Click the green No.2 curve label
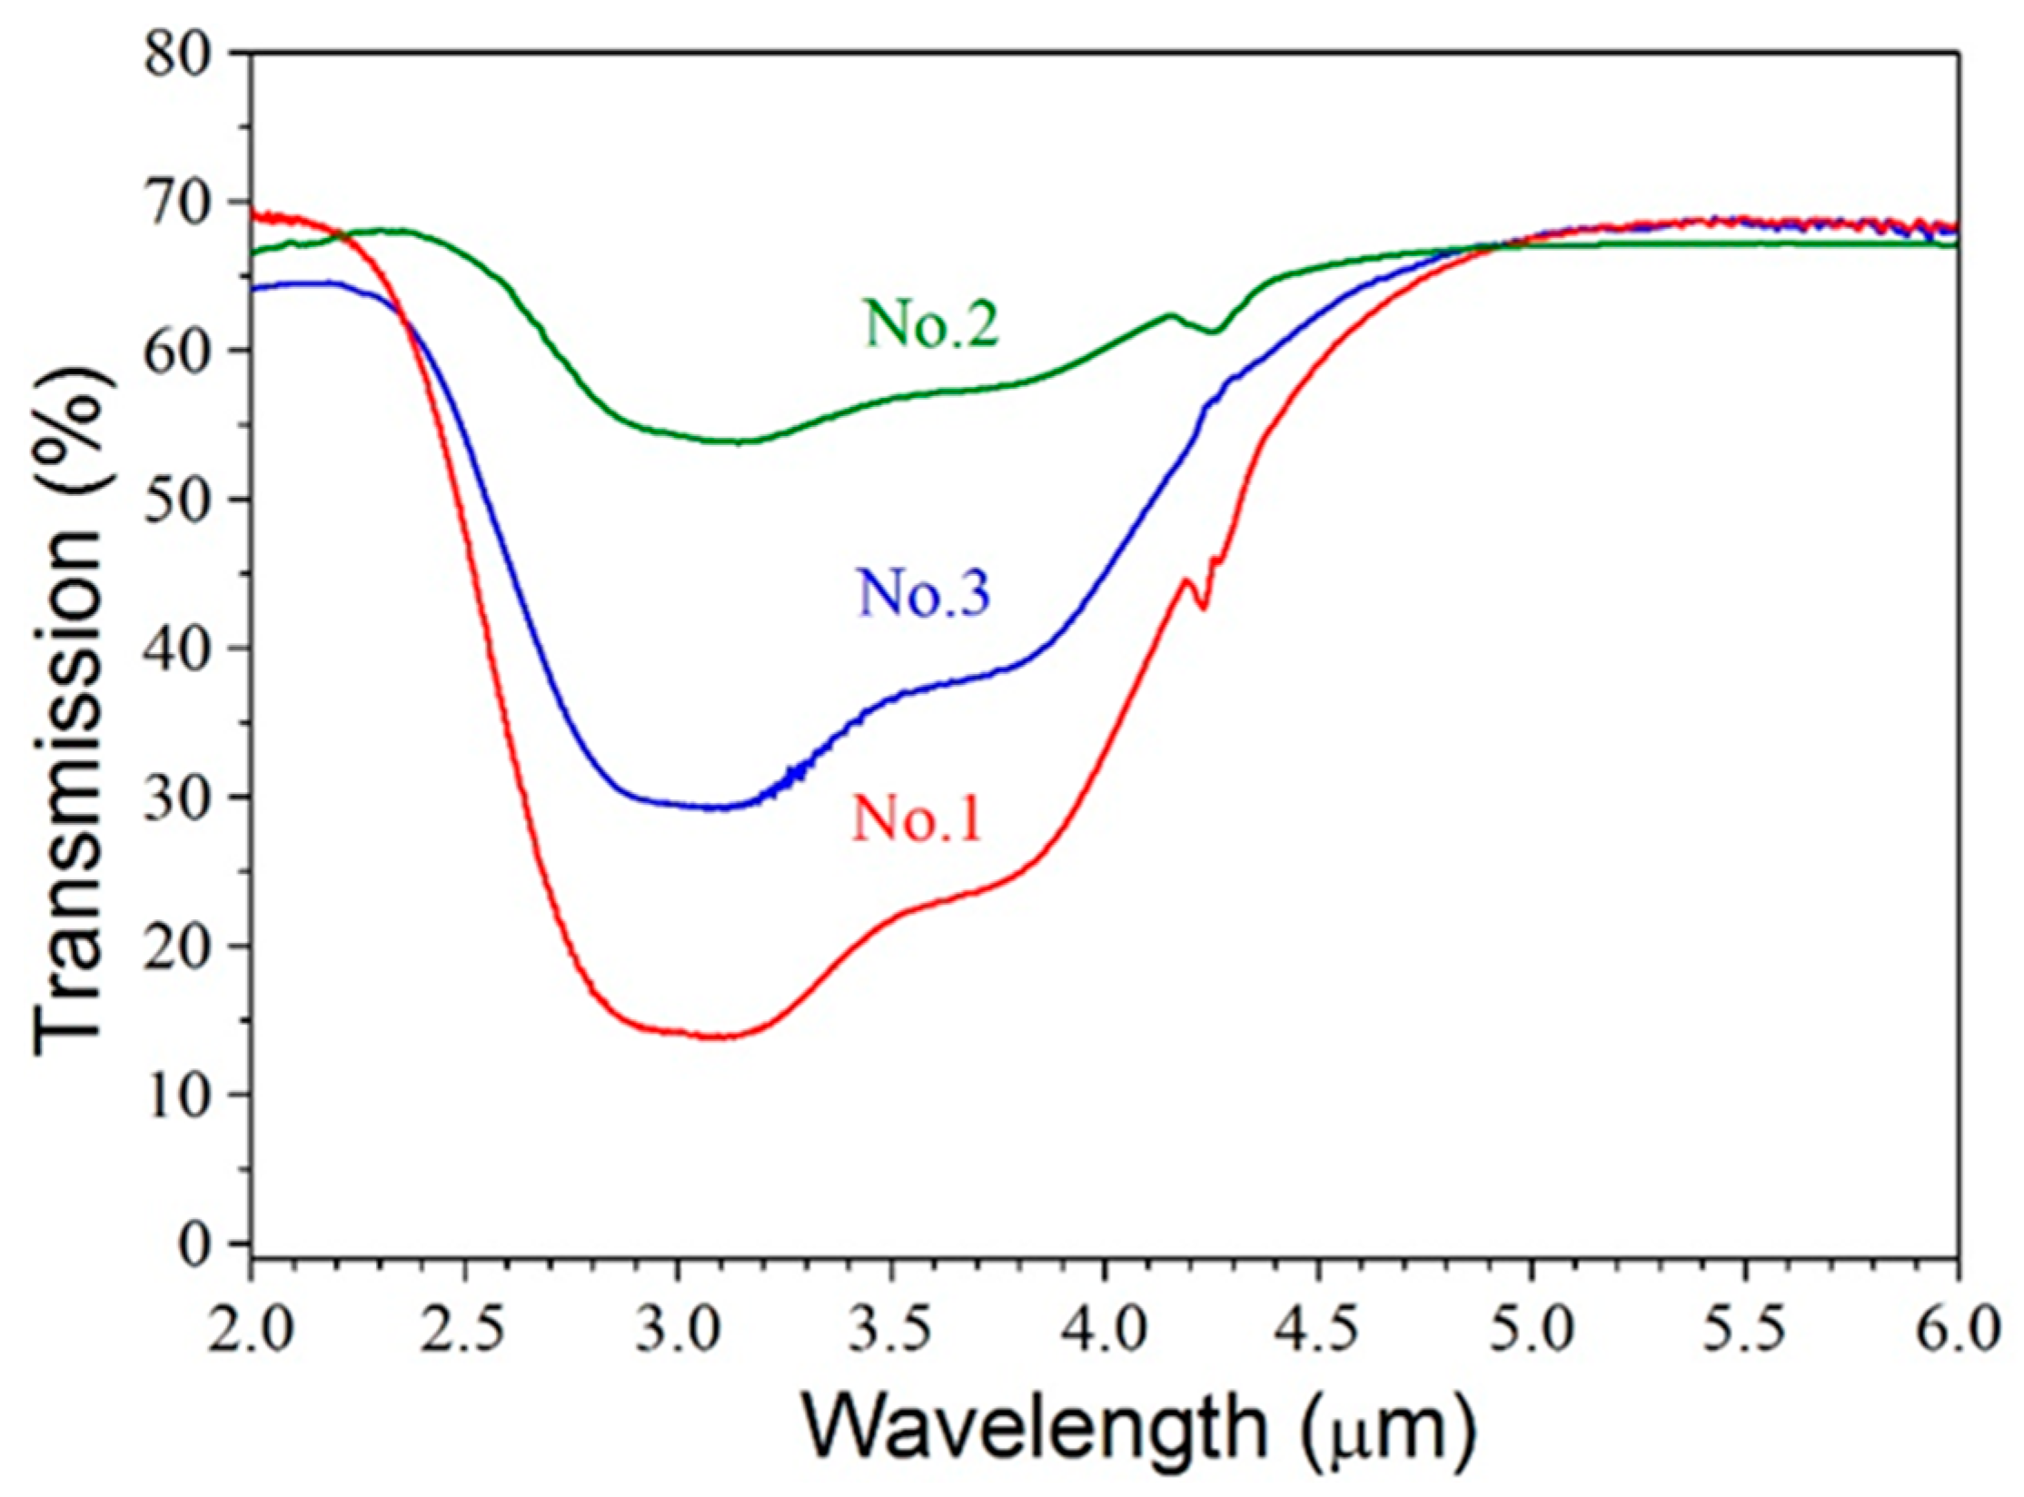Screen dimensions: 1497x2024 [931, 324]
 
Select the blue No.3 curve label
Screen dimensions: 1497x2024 [922, 594]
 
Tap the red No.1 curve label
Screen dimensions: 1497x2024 [917, 819]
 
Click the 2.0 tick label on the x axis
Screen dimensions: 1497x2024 [250, 1333]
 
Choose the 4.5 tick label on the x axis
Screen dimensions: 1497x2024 [1317, 1333]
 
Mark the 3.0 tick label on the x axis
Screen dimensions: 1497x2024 [677, 1333]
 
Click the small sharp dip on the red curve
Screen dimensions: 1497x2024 [1204, 607]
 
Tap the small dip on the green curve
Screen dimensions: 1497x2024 [1215, 332]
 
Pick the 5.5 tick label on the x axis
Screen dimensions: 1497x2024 [1744, 1333]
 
